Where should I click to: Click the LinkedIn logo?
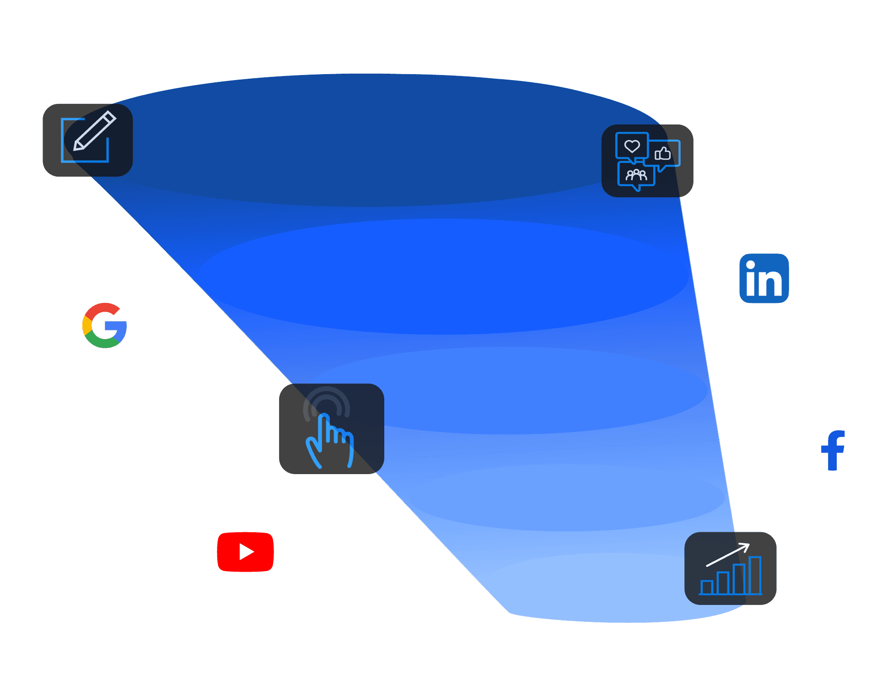click(764, 278)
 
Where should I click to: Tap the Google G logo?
click(105, 325)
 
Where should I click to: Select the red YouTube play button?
click(245, 551)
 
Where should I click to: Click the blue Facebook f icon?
click(833, 450)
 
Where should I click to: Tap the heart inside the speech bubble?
click(632, 146)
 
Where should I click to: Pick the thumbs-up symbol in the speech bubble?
click(662, 153)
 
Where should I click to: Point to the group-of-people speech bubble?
click(636, 175)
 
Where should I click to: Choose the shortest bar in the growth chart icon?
click(707, 587)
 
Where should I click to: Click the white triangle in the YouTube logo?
click(246, 551)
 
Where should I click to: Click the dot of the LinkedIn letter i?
click(750, 265)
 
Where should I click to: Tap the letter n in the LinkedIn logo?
click(771, 283)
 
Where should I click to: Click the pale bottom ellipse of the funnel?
click(608, 590)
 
